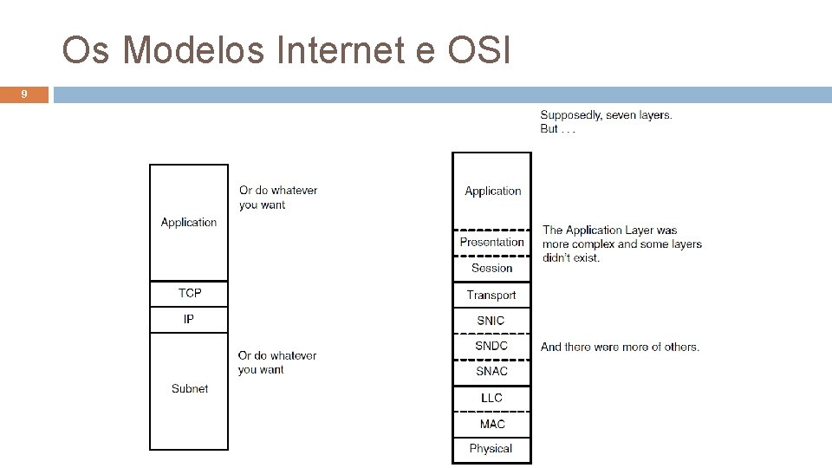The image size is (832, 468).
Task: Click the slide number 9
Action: click(24, 94)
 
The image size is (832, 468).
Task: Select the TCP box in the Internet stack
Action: click(189, 294)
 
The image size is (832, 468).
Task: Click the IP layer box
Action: click(189, 320)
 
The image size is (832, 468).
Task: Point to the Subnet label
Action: click(189, 388)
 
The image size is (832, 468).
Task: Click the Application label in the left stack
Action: click(189, 223)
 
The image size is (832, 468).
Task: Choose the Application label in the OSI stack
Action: click(492, 191)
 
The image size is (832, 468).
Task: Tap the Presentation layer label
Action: click(491, 243)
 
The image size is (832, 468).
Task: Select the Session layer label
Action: click(491, 268)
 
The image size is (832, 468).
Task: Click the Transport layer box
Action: click(491, 295)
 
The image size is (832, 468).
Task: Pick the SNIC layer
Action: click(491, 321)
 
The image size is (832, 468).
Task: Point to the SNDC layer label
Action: click(491, 346)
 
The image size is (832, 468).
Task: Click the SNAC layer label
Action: click(491, 371)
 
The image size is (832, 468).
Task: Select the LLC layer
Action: click(491, 398)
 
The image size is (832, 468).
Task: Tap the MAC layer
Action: click(491, 424)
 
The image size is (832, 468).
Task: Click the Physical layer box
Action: click(491, 449)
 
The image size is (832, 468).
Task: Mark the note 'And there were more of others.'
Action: click(620, 347)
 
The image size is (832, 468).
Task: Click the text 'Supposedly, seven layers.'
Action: click(606, 115)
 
